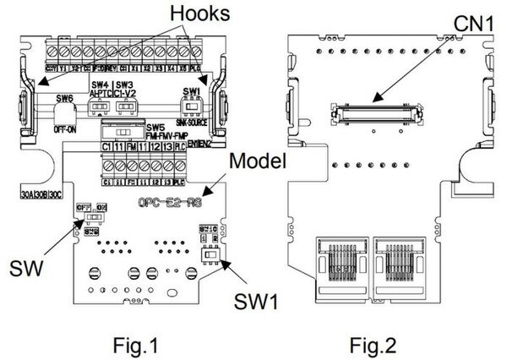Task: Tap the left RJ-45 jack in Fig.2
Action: click(x=338, y=261)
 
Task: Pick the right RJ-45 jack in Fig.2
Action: click(x=404, y=261)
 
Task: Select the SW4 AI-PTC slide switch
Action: click(x=100, y=108)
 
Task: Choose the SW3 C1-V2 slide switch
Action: click(x=127, y=108)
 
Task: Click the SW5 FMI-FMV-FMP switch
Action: click(x=123, y=133)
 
